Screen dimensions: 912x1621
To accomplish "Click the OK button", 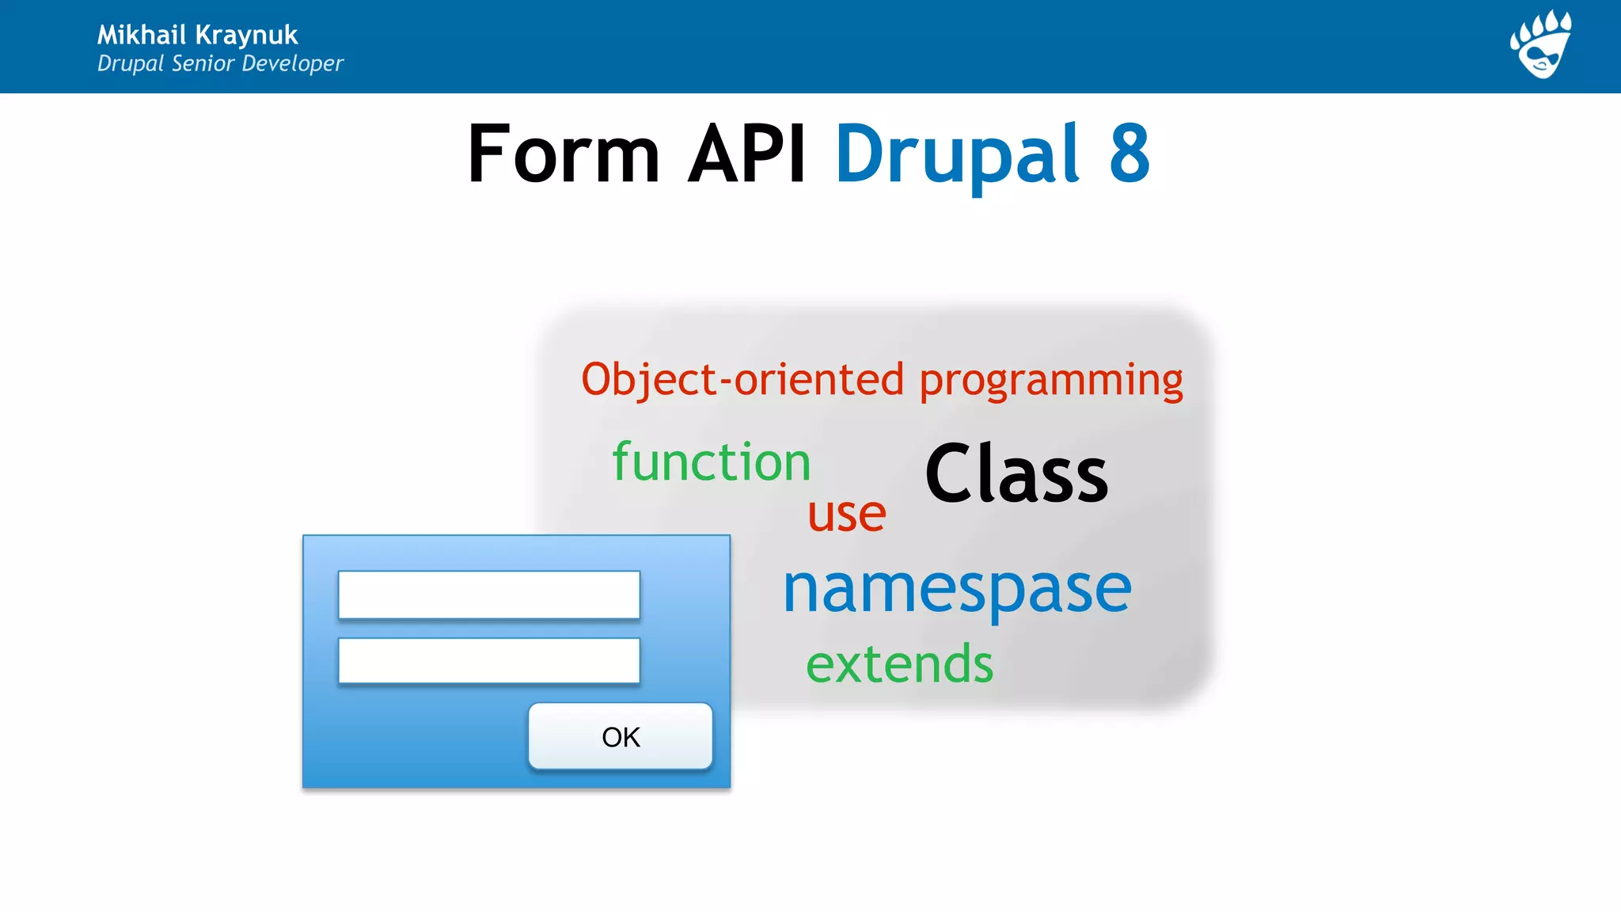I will coord(621,736).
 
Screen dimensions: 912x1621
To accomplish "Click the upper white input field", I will coord(488,595).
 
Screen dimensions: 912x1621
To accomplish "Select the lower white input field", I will coord(488,660).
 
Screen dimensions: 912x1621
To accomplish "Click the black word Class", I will coord(1016,473).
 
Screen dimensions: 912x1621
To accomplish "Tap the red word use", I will coord(846,515).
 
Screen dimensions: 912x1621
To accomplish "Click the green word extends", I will coord(899,664).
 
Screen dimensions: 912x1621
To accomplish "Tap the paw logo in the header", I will coord(1541,45).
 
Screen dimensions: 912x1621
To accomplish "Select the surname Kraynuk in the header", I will coord(246,36).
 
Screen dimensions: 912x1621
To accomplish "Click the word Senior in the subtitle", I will coord(203,63).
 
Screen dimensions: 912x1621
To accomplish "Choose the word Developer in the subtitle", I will coord(292,63).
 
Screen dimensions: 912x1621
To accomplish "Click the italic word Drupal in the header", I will coord(131,64).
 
